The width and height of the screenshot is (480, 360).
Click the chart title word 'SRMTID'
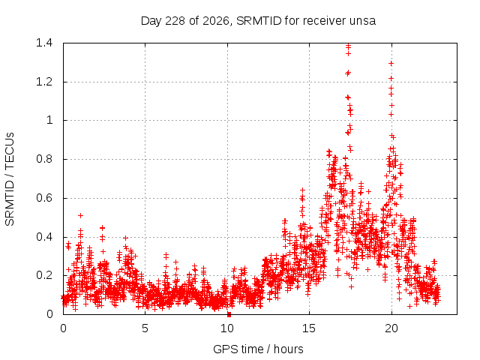click(x=259, y=21)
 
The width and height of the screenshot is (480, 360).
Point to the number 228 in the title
click(x=175, y=21)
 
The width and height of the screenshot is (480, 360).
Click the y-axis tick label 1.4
click(x=44, y=43)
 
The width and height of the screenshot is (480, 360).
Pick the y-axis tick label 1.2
click(x=44, y=82)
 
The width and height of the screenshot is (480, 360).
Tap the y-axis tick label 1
click(x=49, y=120)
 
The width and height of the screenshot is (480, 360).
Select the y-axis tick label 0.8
click(x=44, y=159)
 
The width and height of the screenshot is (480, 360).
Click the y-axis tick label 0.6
click(x=44, y=198)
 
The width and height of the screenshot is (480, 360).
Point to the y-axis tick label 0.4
click(x=44, y=237)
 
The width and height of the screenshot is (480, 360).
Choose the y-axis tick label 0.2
click(x=44, y=275)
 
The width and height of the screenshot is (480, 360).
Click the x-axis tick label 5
click(x=145, y=328)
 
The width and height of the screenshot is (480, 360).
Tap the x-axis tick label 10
click(x=227, y=328)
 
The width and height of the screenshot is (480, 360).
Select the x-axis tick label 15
click(x=309, y=328)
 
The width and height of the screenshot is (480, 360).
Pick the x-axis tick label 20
click(x=391, y=328)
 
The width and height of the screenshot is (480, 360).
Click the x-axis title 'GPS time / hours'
click(x=258, y=349)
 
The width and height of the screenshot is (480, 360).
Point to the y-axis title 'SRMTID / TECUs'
click(x=10, y=179)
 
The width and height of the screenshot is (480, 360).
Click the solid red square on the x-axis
click(x=229, y=315)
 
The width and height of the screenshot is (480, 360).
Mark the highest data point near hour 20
click(x=391, y=63)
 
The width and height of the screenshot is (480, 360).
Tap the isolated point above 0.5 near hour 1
click(x=80, y=215)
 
